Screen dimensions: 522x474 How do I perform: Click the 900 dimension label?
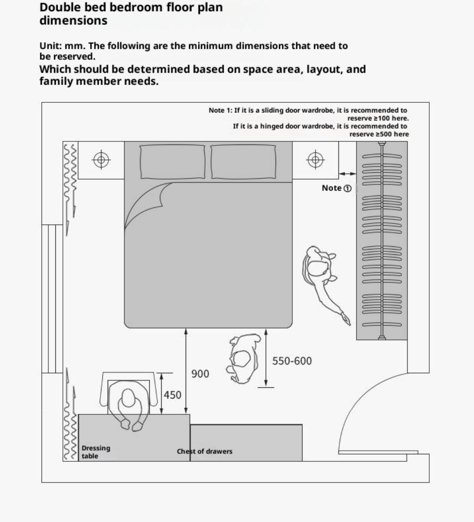[200, 374]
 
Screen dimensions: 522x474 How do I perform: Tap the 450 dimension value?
[173, 395]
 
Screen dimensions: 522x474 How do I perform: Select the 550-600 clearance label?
[292, 361]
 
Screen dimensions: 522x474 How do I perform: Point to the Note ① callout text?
[336, 188]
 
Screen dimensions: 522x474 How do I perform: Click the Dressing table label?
[96, 452]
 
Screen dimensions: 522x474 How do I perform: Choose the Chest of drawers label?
[205, 452]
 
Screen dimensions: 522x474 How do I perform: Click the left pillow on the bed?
[173, 162]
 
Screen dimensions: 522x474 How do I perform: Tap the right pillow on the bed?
[243, 162]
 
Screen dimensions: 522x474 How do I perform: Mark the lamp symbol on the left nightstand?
[101, 160]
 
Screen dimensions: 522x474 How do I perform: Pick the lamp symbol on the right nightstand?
[315, 160]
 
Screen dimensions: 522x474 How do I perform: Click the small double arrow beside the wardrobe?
[347, 174]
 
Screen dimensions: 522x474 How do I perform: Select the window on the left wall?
[52, 299]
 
